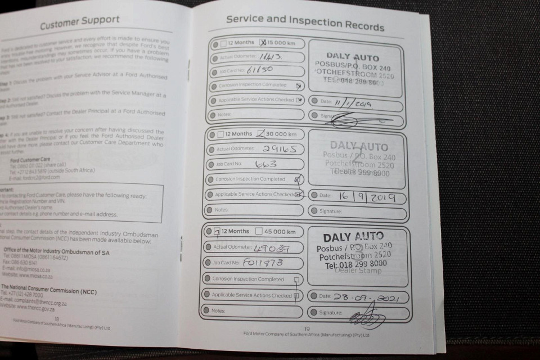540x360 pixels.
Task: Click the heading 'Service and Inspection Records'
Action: click(305, 22)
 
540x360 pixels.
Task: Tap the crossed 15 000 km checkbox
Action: click(263, 42)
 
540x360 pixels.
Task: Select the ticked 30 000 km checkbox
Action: click(260, 134)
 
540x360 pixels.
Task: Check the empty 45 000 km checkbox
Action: click(259, 231)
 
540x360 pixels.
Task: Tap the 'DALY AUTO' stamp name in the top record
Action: click(353, 57)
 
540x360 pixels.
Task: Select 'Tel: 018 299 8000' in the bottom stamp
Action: click(355, 263)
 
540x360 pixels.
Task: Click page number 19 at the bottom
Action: click(307, 329)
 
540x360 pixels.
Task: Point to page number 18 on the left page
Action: click(56, 318)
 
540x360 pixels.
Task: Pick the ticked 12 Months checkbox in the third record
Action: click(217, 231)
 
